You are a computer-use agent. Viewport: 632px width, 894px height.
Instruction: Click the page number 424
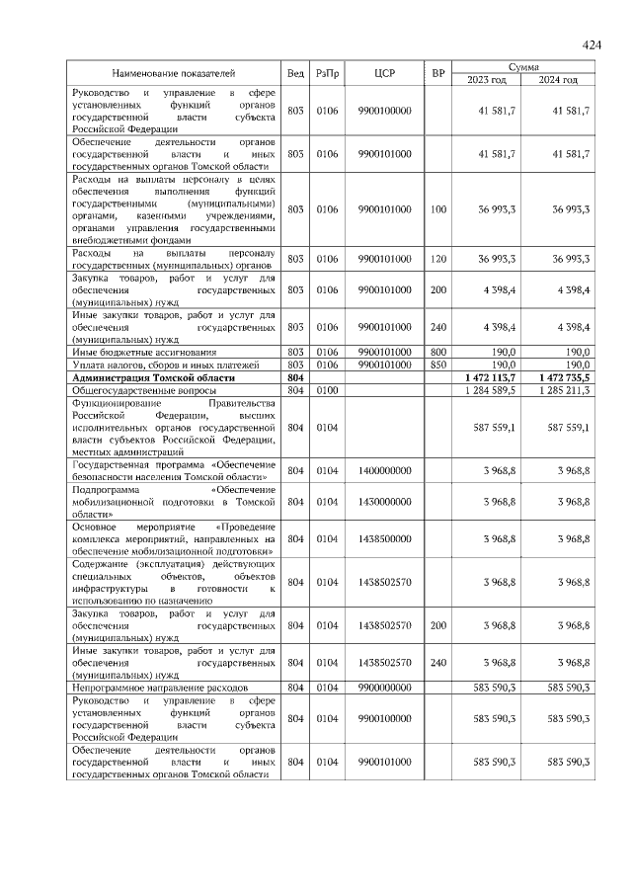(x=592, y=44)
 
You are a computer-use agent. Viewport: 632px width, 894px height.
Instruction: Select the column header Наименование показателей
(x=173, y=73)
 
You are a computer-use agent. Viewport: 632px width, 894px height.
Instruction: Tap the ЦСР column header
(x=384, y=73)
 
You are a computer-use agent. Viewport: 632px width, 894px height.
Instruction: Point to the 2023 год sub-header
(x=486, y=79)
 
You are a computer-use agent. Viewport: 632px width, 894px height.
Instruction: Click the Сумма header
(x=523, y=66)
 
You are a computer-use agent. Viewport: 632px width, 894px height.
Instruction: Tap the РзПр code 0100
(x=327, y=391)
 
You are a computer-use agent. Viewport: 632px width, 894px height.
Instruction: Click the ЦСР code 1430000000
(x=384, y=502)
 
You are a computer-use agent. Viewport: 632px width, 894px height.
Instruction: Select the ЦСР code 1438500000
(x=384, y=538)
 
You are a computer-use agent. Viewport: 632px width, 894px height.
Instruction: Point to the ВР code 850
(x=438, y=365)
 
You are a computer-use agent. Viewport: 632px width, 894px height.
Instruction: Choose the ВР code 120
(x=438, y=259)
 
